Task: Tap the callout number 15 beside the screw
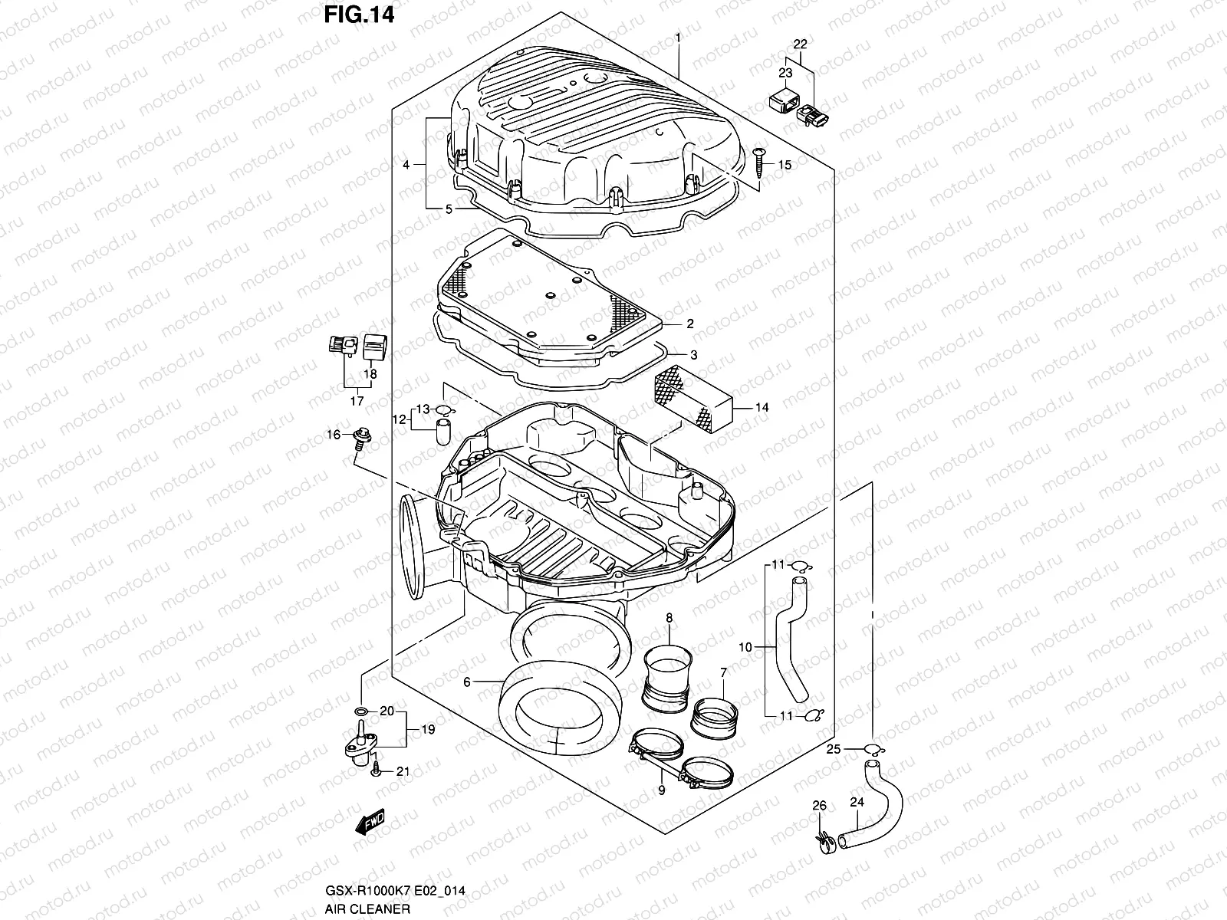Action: (x=785, y=165)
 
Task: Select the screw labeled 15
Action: (x=759, y=162)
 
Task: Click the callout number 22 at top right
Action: (x=800, y=44)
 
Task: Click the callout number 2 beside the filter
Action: (x=690, y=324)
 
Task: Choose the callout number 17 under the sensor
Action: (x=357, y=400)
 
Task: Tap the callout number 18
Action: (x=370, y=374)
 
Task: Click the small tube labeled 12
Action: (x=442, y=431)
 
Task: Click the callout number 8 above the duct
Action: (x=669, y=617)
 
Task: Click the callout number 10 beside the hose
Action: (x=745, y=648)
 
